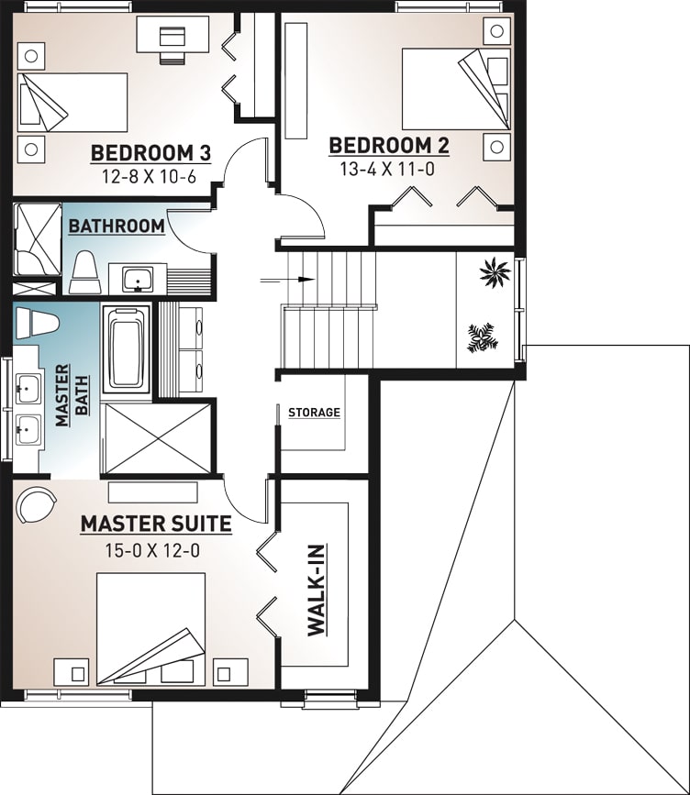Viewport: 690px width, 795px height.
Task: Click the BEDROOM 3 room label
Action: [x=150, y=152]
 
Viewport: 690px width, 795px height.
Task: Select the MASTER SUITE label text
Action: [x=155, y=524]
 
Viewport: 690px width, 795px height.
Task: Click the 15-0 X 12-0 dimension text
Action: [x=153, y=550]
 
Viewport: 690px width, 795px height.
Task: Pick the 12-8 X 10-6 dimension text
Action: [x=150, y=176]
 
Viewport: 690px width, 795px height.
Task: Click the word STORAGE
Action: [x=314, y=413]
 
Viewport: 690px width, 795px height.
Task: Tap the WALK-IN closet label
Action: [x=316, y=588]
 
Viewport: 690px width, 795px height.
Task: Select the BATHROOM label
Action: [x=117, y=226]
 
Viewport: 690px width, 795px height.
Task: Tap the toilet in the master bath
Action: [x=38, y=323]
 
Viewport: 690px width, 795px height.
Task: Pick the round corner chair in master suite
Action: [x=36, y=505]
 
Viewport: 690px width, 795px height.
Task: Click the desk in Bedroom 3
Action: [x=172, y=36]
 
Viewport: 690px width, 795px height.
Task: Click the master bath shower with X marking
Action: [x=157, y=437]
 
